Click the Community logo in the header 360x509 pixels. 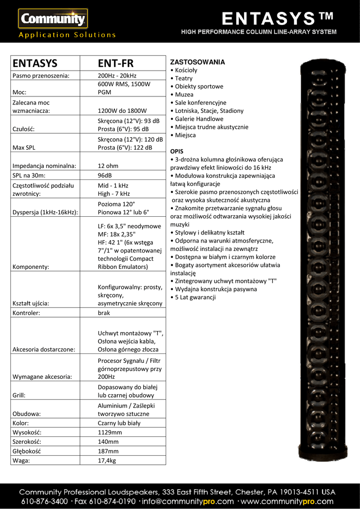[53, 19]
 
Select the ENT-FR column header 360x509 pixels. [115, 63]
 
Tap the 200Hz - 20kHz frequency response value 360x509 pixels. [117, 76]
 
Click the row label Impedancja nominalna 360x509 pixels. [44, 166]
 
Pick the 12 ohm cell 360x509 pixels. [108, 166]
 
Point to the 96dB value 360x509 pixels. [105, 175]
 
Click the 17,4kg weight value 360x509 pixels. [106, 460]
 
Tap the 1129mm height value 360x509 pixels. [109, 432]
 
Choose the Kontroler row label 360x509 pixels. [26, 313]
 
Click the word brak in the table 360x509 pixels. [104, 313]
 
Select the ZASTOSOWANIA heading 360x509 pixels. [197, 62]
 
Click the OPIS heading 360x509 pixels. [177, 151]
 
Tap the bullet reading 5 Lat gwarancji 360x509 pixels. [194, 297]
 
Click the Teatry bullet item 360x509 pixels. [183, 79]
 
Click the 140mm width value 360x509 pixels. [108, 442]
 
